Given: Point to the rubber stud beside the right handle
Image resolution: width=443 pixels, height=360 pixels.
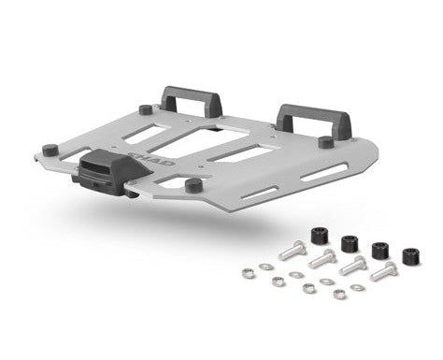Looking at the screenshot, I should pyautogui.click(x=324, y=142).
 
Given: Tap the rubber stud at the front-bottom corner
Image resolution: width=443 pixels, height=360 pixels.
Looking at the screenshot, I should pyautogui.click(x=193, y=184).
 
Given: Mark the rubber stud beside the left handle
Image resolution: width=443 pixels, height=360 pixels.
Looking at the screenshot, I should pyautogui.click(x=147, y=108).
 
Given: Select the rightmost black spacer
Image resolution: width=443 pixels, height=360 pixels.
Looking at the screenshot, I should pyautogui.click(x=410, y=256).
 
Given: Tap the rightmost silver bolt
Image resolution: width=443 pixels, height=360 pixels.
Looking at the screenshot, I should pyautogui.click(x=384, y=272).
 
